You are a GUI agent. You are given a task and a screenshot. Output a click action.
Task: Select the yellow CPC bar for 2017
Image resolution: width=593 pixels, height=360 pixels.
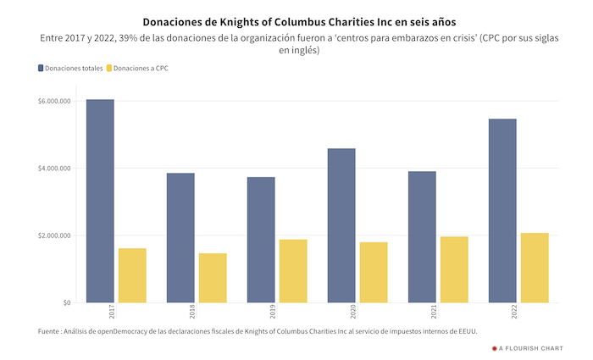(132, 275)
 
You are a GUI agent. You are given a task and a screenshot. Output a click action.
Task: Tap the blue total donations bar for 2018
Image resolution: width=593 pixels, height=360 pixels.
(180, 238)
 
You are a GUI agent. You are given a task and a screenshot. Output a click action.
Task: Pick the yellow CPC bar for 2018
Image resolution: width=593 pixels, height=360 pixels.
(213, 278)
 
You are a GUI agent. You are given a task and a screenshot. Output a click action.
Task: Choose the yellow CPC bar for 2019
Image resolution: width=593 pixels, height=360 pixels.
(293, 271)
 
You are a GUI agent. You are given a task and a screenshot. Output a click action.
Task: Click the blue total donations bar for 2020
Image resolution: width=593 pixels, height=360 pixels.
(341, 225)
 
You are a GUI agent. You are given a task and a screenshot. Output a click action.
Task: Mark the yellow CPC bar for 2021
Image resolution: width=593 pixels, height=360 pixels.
(454, 269)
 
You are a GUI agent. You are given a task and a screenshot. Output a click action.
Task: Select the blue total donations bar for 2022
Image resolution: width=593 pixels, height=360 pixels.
(502, 211)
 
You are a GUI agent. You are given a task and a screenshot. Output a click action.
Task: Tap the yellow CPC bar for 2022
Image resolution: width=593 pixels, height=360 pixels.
(535, 268)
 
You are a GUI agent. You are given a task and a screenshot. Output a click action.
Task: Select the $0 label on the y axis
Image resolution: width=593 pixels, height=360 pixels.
(65, 302)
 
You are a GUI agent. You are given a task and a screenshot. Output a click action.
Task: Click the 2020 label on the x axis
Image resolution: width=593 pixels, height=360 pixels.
(352, 313)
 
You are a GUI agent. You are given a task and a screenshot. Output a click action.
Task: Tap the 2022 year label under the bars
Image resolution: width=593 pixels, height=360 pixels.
(513, 313)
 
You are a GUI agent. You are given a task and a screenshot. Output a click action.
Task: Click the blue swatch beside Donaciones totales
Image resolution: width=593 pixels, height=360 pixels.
(41, 68)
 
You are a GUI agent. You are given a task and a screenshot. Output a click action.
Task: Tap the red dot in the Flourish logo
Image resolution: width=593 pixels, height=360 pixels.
(494, 347)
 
